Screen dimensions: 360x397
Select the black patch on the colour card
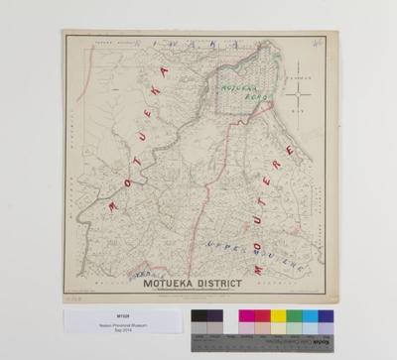tap(198, 317)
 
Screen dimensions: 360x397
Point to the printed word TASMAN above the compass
tap(302, 75)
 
